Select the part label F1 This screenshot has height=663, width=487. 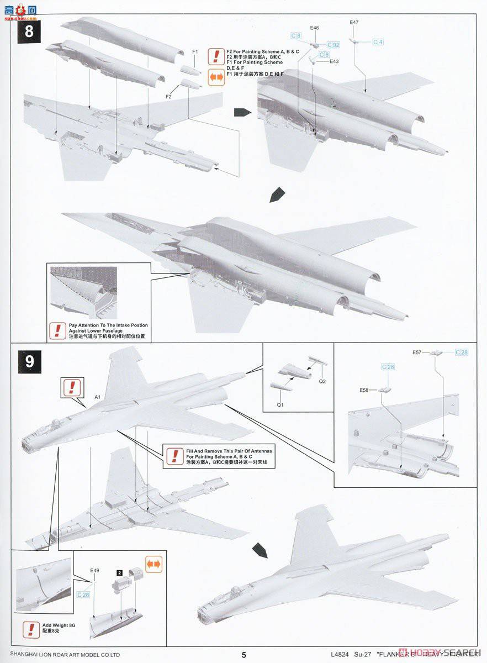click(x=195, y=51)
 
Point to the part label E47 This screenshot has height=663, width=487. click(x=354, y=22)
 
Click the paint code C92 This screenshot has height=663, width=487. click(x=333, y=44)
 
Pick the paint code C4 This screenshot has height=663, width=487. click(x=378, y=42)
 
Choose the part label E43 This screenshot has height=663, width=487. click(x=334, y=61)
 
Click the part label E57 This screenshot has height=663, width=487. click(x=417, y=352)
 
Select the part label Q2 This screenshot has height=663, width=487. click(x=322, y=381)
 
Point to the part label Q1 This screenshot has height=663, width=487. click(x=279, y=405)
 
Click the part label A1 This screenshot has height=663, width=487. click(x=97, y=397)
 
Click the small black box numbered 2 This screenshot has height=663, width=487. click(x=119, y=573)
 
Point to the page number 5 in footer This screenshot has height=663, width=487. click(x=243, y=655)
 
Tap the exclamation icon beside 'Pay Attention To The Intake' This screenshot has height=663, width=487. click(x=56, y=330)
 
